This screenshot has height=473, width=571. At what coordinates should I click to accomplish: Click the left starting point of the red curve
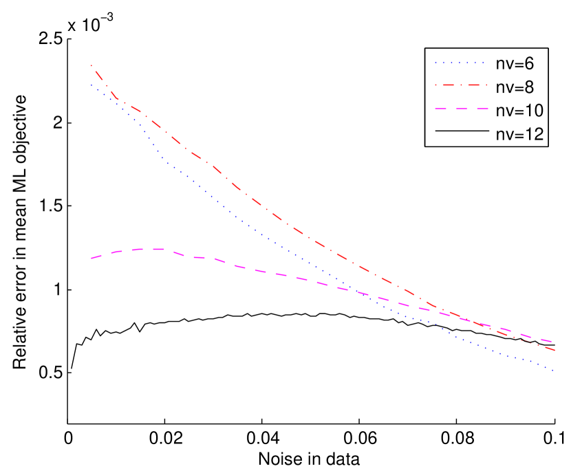coord(91,65)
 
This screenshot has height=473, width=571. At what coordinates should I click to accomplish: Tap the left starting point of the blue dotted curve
coord(91,85)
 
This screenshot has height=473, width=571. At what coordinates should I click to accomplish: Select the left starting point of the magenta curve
coord(91,258)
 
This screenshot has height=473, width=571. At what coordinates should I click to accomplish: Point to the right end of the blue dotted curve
coord(554,371)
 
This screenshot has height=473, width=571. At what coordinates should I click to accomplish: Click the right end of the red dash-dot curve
coord(554,351)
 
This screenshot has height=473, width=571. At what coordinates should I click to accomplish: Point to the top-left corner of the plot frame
coord(67,38)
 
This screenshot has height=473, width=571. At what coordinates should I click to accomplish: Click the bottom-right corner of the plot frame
coord(555,423)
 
